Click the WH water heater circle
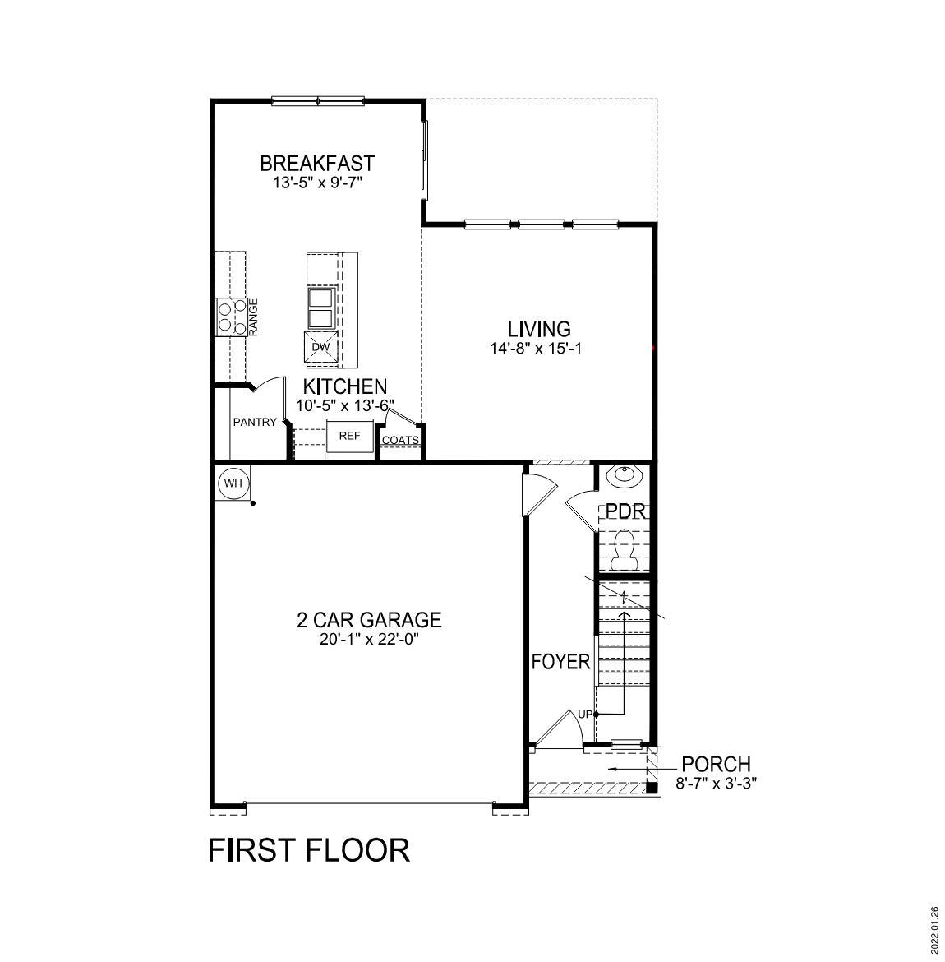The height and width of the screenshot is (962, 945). (x=233, y=483)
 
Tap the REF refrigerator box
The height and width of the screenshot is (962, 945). (x=349, y=436)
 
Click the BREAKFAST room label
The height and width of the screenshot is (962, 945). (x=317, y=163)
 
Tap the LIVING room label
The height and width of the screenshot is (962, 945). (x=539, y=329)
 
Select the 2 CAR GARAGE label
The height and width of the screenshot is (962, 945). (x=369, y=620)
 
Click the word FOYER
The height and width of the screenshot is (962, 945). (x=560, y=662)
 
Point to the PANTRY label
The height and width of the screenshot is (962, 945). (x=255, y=423)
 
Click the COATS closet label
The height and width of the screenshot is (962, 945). (x=400, y=440)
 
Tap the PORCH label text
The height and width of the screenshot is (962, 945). (x=716, y=765)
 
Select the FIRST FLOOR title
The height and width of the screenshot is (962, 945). (x=309, y=849)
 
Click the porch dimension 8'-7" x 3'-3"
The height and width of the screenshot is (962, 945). (x=716, y=784)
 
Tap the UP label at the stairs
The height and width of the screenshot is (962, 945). (x=584, y=714)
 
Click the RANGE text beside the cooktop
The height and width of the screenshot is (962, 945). (x=254, y=317)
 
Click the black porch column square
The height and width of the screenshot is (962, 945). (x=652, y=787)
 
